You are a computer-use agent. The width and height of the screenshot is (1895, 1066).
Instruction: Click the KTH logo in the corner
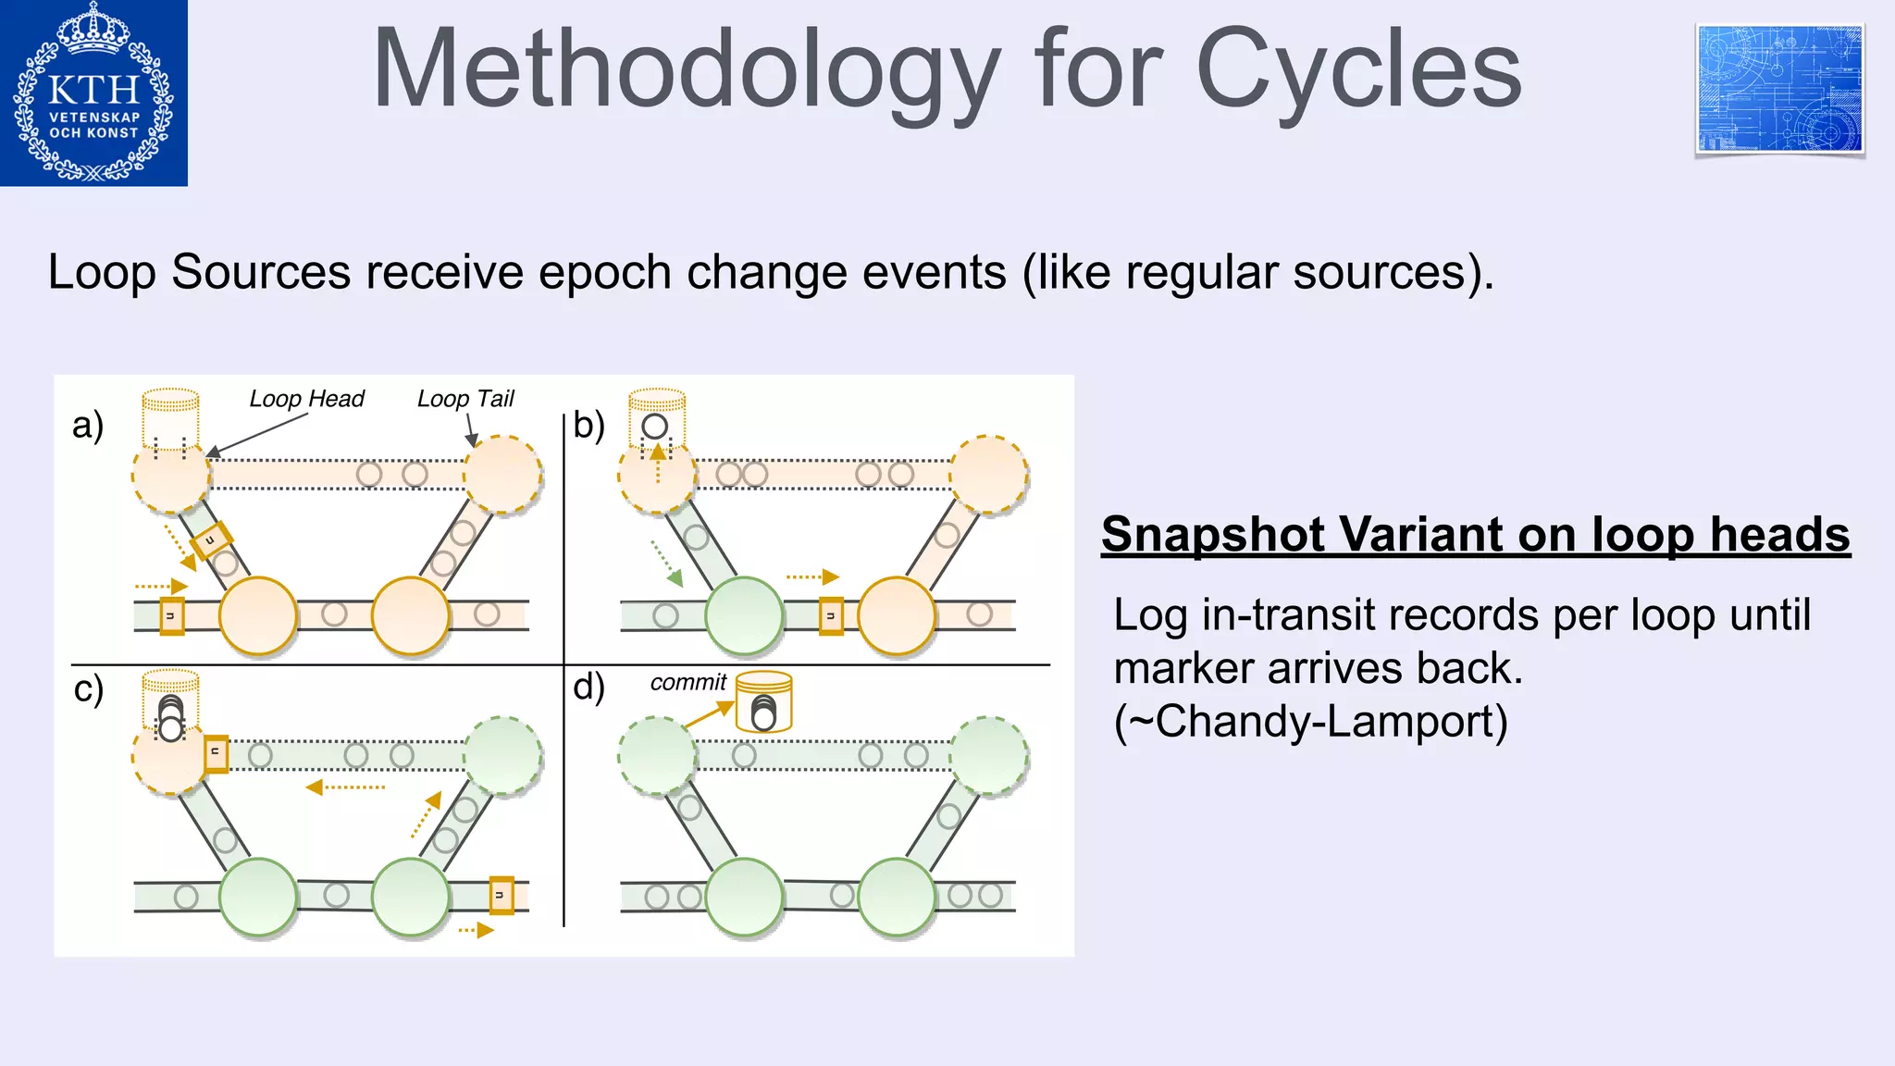click(x=93, y=93)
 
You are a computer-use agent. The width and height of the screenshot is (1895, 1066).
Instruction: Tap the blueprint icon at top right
click(x=1779, y=90)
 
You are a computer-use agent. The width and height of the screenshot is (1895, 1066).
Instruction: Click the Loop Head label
click(x=306, y=399)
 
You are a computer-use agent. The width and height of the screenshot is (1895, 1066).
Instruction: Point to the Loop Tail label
click(x=464, y=399)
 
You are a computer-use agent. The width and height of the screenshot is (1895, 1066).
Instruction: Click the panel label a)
click(x=88, y=425)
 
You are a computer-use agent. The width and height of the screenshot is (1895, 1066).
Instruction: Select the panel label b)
click(x=588, y=425)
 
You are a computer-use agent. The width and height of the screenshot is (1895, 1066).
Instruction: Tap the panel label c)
click(x=89, y=689)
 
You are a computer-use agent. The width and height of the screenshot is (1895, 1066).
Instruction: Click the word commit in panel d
click(x=687, y=683)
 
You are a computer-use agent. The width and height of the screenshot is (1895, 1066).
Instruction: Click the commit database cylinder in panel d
click(x=764, y=702)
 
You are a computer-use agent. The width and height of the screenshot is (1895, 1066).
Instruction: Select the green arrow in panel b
click(x=667, y=564)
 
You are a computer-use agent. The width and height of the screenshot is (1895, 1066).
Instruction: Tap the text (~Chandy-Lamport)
click(x=1310, y=722)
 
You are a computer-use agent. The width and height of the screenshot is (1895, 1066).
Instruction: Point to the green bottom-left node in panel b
click(x=744, y=615)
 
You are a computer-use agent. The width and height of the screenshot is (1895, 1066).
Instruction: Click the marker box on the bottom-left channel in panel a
click(x=172, y=616)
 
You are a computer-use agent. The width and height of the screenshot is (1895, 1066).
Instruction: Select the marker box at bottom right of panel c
click(x=502, y=895)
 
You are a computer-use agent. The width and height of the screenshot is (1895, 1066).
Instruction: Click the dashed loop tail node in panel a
click(x=502, y=475)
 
